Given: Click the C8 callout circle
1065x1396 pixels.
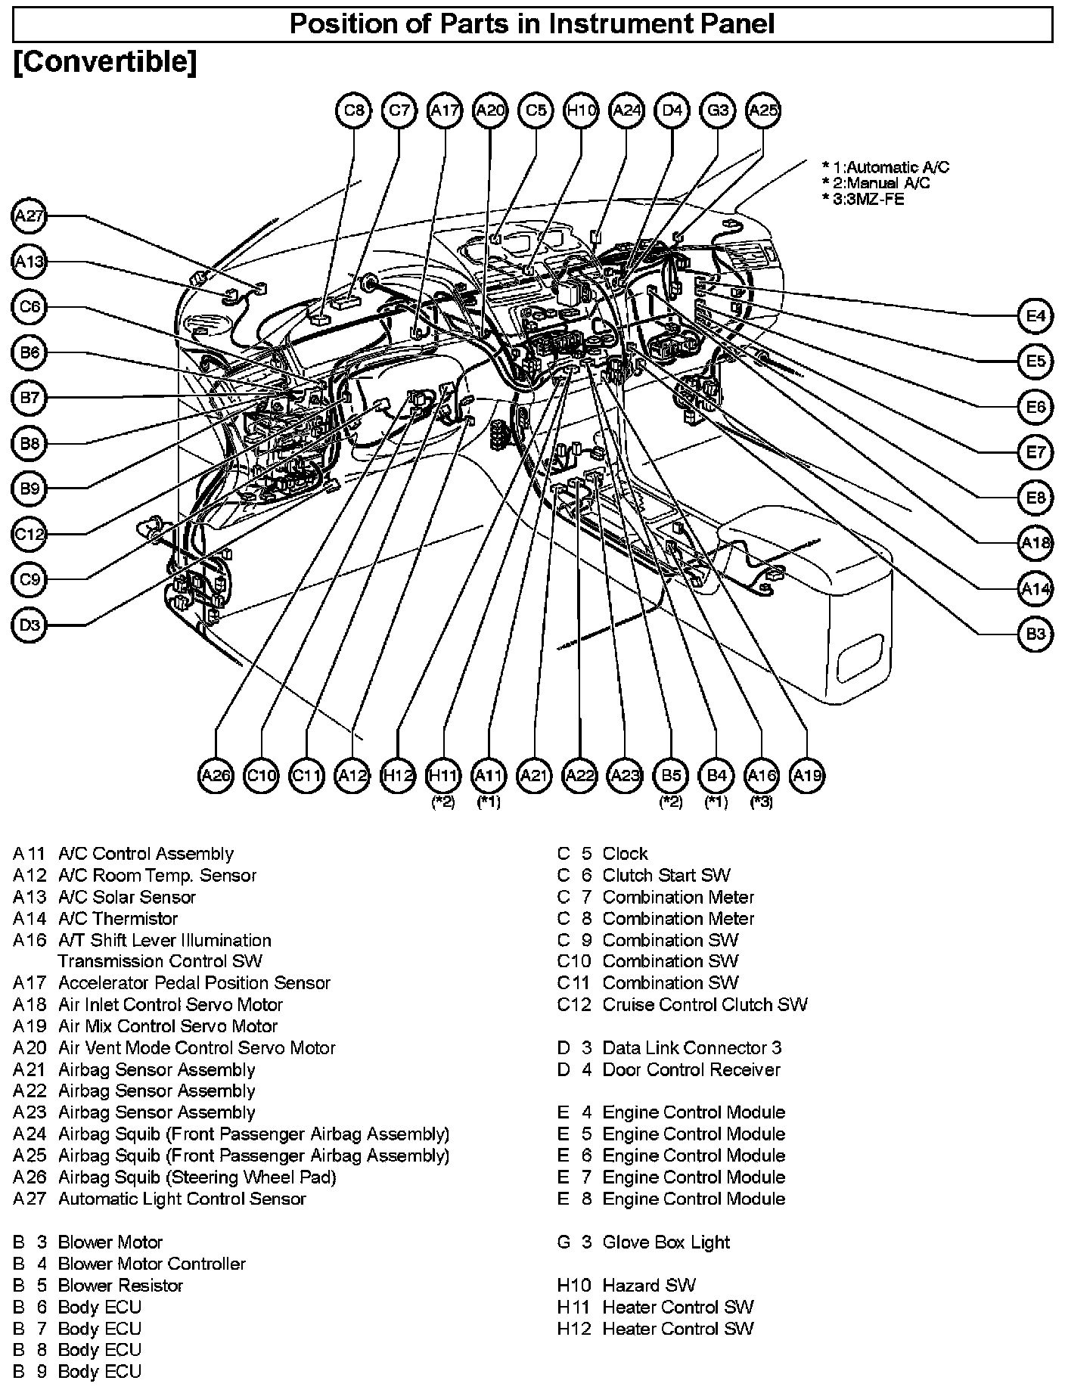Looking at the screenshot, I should click(354, 110).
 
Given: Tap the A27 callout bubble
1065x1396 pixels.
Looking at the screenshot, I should click(29, 216).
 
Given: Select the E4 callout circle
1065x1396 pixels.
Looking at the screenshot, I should click(1036, 315).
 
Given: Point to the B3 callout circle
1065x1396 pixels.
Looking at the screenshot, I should click(1036, 634).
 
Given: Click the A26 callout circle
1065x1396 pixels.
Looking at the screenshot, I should click(216, 775).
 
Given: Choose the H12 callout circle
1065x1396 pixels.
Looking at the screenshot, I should click(398, 775).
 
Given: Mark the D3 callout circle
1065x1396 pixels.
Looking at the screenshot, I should click(29, 625).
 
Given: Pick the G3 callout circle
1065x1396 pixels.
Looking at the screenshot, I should click(717, 110).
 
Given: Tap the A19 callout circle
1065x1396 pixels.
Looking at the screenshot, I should click(807, 775).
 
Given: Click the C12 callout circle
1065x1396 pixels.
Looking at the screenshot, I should click(29, 535).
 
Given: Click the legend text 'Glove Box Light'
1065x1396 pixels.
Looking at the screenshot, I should click(666, 1242).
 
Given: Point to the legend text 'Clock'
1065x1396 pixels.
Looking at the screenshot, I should click(625, 854).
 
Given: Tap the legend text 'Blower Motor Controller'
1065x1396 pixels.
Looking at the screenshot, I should click(151, 1264).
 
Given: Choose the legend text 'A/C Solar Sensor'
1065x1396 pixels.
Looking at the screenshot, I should click(126, 897).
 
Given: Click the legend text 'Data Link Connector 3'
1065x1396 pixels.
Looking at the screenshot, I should click(691, 1048).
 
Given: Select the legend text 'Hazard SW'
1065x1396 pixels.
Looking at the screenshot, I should click(648, 1286).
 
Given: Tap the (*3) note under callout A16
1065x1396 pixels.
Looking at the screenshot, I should click(761, 802).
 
